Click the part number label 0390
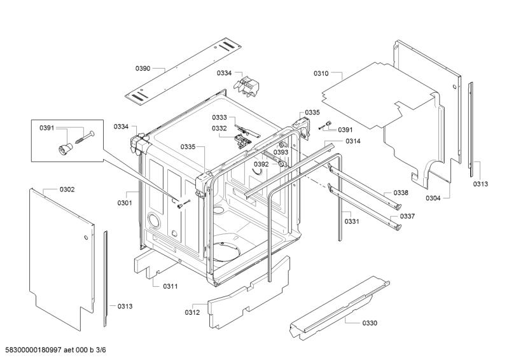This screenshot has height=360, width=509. (143, 68)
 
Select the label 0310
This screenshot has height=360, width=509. (321, 74)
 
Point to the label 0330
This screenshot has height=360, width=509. (370, 323)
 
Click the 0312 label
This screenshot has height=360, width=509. (192, 312)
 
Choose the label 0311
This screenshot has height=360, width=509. (170, 286)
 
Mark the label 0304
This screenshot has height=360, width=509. (433, 198)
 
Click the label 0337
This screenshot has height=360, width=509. (408, 216)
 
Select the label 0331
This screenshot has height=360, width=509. (352, 221)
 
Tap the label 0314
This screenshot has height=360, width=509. (353, 141)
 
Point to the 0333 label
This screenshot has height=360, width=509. (220, 118)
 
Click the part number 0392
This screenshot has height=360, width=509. (261, 164)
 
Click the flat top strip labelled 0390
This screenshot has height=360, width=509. (185, 70)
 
